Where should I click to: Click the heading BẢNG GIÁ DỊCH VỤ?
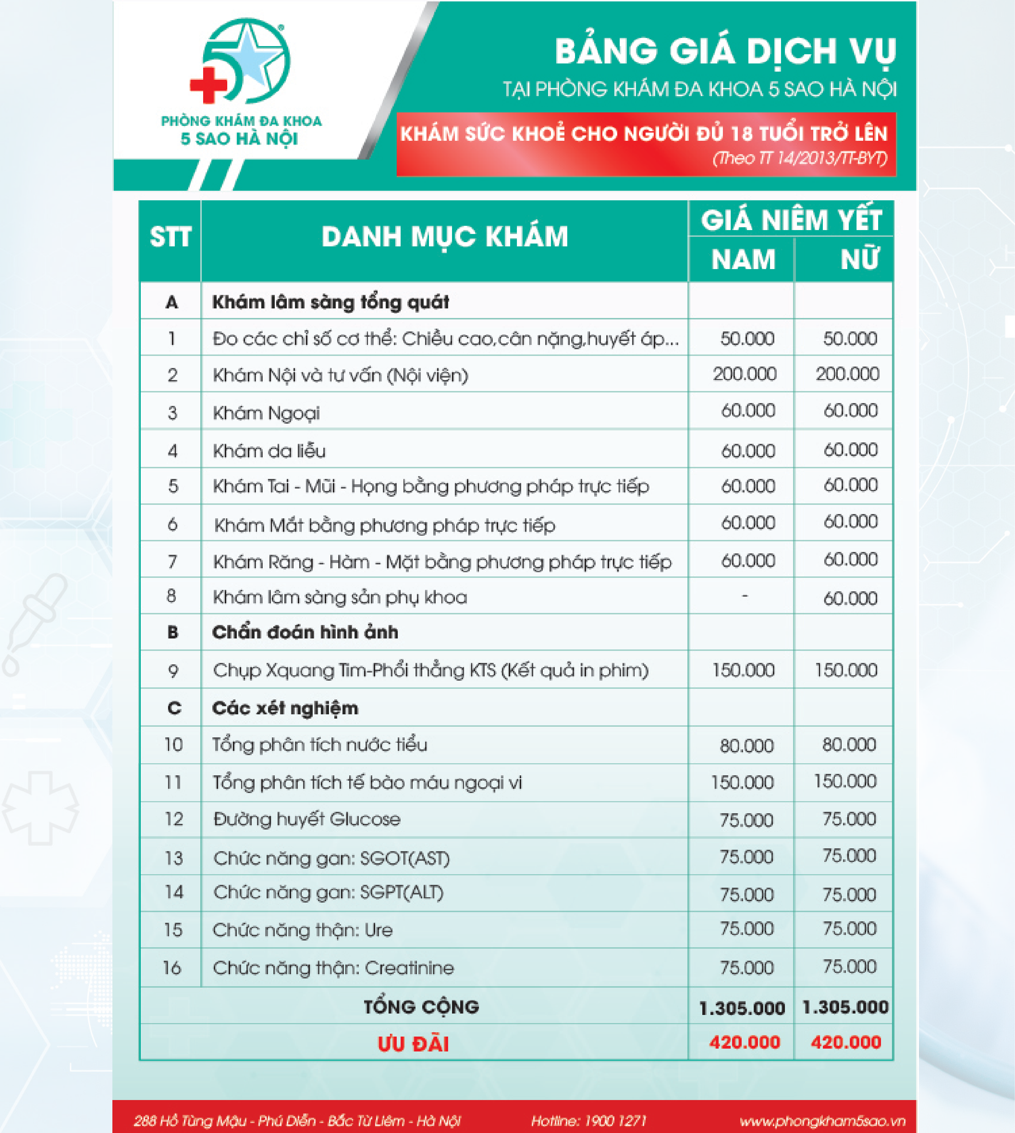click(x=725, y=52)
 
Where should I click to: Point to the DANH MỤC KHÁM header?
click(x=445, y=237)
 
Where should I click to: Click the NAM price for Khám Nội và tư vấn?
click(x=744, y=374)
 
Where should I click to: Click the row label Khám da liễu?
click(x=269, y=451)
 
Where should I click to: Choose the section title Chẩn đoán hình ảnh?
click(x=305, y=632)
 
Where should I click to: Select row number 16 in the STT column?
click(x=172, y=968)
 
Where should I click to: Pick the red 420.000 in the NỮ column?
click(x=846, y=1043)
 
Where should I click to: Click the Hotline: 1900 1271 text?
click(x=589, y=1121)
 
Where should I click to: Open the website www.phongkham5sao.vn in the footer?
click(x=822, y=1121)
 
